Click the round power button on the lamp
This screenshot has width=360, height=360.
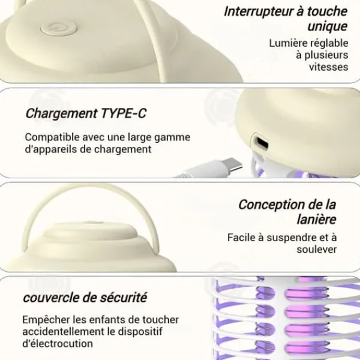[59, 28]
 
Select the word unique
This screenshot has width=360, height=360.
[328, 26]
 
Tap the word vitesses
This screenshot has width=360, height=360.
[329, 67]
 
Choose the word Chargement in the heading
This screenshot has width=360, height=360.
[61, 113]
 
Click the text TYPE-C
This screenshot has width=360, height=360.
[123, 113]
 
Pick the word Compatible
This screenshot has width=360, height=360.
[52, 137]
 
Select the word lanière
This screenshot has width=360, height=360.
[316, 220]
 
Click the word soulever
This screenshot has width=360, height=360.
[317, 250]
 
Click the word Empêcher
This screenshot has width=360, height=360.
[46, 320]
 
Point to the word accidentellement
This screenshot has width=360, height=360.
[64, 332]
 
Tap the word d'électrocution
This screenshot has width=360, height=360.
[58, 344]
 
